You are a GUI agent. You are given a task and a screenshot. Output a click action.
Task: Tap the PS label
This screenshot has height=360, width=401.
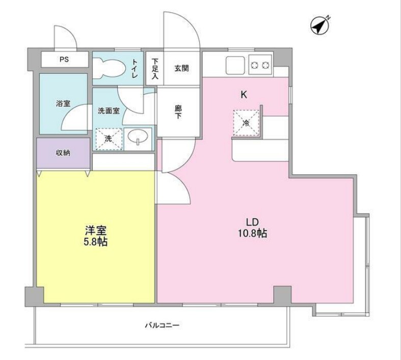click(64, 59)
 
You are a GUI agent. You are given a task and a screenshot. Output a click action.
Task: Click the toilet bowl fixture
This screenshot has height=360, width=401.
click(109, 68)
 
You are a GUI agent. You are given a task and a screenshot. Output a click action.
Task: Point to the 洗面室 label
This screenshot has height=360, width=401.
click(109, 110)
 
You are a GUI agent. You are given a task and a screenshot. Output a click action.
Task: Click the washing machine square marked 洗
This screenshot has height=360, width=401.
click(109, 138)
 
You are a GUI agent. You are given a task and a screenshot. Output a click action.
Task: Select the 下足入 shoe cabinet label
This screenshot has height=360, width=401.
click(155, 68)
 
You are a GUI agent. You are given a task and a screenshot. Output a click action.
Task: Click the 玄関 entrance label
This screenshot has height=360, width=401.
click(182, 68)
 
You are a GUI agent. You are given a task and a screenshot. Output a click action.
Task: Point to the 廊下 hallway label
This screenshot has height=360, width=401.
click(178, 112)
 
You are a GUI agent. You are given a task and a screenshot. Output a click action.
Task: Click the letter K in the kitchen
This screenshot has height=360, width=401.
click(244, 95)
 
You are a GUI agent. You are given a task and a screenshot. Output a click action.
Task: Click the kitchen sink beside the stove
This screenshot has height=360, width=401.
click(235, 65)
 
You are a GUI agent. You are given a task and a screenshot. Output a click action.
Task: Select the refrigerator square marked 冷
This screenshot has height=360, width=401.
click(246, 123)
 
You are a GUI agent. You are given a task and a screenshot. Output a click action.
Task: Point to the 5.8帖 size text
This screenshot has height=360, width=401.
click(95, 242)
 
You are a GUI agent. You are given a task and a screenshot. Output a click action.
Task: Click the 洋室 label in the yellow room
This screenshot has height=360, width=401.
click(95, 230)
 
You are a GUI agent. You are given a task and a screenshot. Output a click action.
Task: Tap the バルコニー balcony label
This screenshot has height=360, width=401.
click(163, 325)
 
